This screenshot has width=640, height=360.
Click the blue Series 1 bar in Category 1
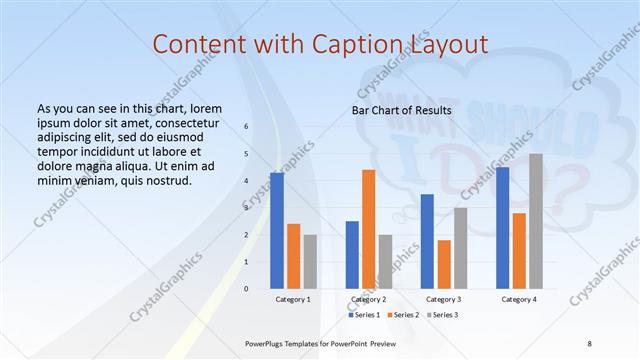click(277, 231)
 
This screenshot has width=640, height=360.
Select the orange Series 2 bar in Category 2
click(368, 229)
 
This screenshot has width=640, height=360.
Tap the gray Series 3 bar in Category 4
click(536, 221)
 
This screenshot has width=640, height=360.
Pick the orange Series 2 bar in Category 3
click(444, 264)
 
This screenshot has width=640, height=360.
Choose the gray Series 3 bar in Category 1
click(310, 262)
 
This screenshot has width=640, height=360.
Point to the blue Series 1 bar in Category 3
click(427, 241)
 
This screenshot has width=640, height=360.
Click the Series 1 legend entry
click(364, 315)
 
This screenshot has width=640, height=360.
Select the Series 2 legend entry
click(402, 315)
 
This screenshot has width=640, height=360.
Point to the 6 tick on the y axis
click(247, 127)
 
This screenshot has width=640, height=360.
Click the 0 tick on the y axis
click(247, 289)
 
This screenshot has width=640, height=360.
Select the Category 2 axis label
click(368, 299)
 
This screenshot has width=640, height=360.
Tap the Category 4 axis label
click(518, 299)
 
